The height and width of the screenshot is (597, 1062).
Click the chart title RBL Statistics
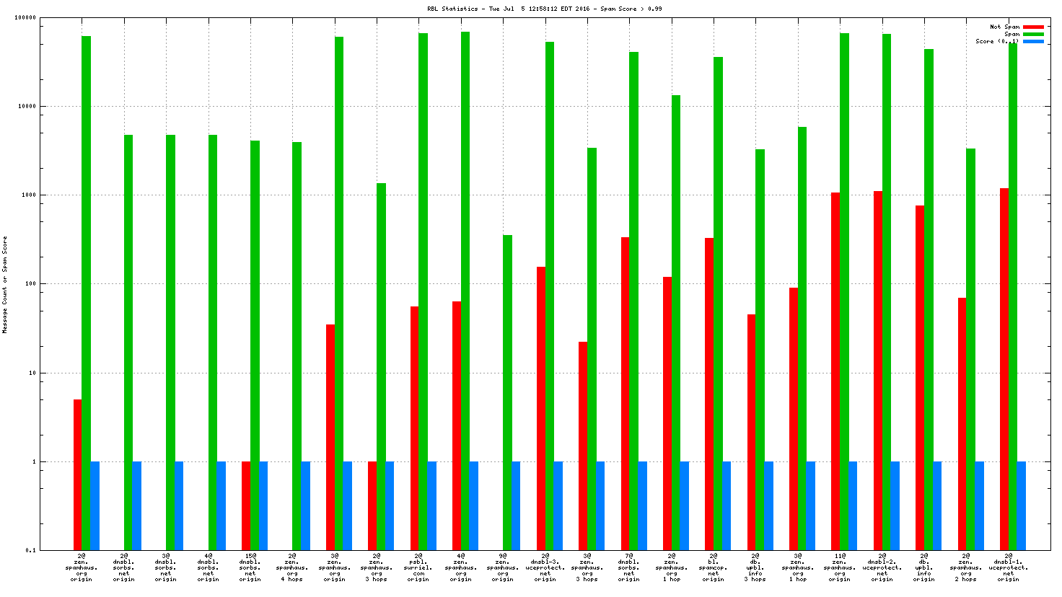coord(544,9)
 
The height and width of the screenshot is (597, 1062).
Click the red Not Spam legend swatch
coord(1033,27)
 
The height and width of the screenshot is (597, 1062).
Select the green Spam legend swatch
coord(1033,34)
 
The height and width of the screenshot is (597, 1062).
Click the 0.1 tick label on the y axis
coord(30,550)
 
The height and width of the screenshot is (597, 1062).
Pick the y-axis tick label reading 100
coord(30,284)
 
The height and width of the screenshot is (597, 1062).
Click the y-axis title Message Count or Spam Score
coord(5,284)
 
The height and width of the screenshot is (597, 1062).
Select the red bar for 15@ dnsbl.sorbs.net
coord(246,505)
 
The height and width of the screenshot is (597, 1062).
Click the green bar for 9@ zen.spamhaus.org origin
coord(507,392)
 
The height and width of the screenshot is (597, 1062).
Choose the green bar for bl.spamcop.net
coord(718,303)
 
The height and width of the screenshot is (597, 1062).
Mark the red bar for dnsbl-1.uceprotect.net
coord(1004,368)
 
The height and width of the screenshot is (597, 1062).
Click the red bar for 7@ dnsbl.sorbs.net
coord(625,393)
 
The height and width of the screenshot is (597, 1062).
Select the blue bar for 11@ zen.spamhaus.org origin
coord(853,505)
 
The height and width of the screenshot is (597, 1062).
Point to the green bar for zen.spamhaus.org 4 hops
coord(297,346)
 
